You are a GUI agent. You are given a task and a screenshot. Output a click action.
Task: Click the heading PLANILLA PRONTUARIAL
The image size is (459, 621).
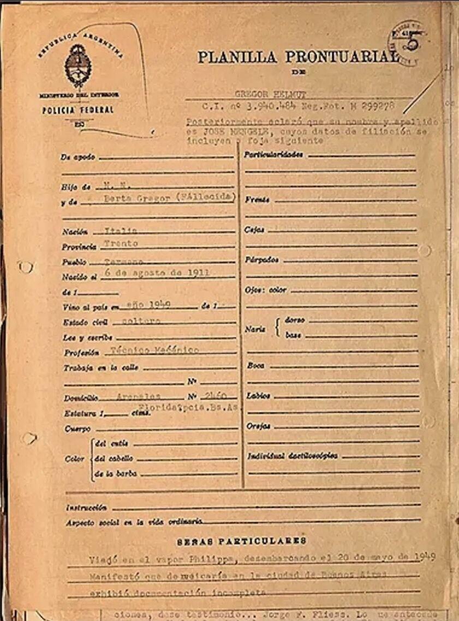coord(298,57)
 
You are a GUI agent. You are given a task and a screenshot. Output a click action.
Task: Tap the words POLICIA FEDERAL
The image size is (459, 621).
coord(78,110)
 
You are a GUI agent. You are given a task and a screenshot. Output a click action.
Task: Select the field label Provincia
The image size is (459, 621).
coord(78,247)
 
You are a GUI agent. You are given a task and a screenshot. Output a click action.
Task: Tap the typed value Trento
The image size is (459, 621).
coord(121,243)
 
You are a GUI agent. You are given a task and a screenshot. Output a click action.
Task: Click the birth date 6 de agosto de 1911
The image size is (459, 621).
coord(159,273)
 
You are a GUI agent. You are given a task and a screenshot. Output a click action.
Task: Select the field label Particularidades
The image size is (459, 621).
coord(273,155)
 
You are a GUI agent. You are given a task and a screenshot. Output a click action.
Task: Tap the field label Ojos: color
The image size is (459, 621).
coord(266,290)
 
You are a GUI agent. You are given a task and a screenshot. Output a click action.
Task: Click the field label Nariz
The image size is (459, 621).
coord(255,329)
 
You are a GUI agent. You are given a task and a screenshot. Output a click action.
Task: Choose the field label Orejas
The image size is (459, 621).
coord(258,426)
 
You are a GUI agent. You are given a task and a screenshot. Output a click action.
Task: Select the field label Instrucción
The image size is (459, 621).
coord(86,508)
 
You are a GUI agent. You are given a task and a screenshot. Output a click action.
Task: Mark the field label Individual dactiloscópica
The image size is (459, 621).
coord(292,456)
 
